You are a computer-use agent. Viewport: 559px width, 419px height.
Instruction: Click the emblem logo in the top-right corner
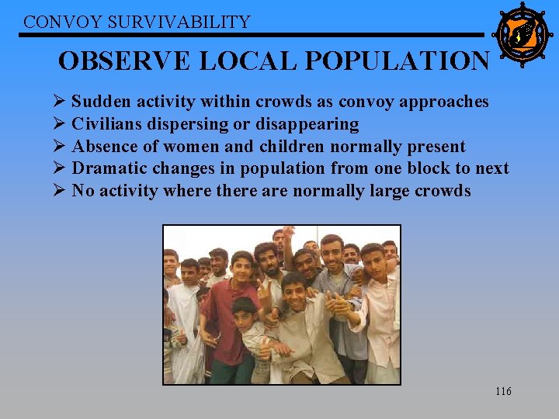[522, 34]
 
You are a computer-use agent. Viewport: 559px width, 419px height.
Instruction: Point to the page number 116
[503, 391]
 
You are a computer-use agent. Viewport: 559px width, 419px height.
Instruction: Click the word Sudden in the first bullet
[98, 102]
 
